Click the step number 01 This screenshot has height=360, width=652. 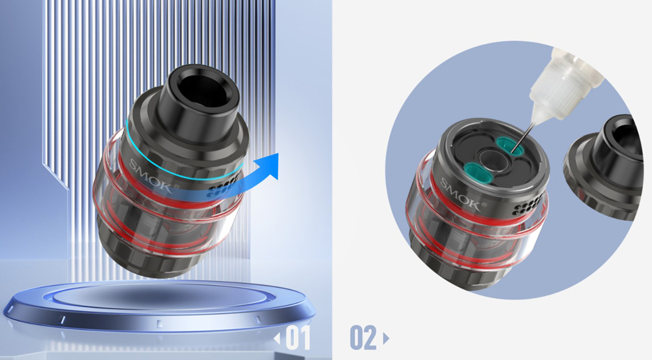point(298,338)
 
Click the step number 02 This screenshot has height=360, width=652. point(363,338)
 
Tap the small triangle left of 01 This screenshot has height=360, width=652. point(277,338)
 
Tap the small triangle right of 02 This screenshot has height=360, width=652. point(386,338)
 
